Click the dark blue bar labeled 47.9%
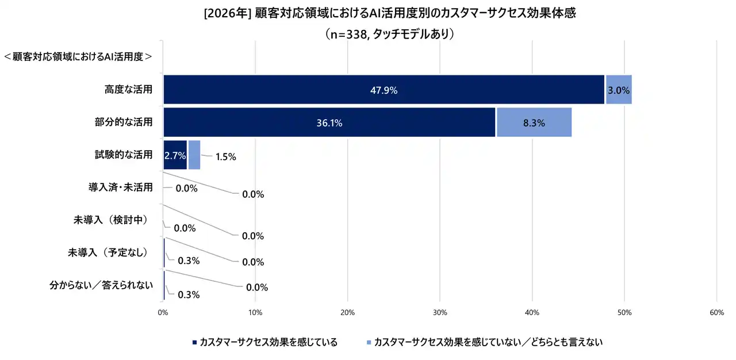click(x=384, y=90)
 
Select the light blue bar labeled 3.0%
click(x=619, y=90)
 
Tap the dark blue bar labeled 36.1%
click(x=329, y=122)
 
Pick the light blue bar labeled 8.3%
click(x=534, y=122)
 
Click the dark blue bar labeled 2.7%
click(x=175, y=155)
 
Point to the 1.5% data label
click(x=225, y=157)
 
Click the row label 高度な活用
click(x=128, y=89)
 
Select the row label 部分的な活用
click(x=124, y=122)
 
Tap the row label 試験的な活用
click(x=124, y=155)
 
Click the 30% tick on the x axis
click(x=440, y=312)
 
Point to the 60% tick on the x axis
click(x=716, y=312)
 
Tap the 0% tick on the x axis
click(x=163, y=312)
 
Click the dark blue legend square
click(x=194, y=342)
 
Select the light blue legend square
click(x=369, y=342)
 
